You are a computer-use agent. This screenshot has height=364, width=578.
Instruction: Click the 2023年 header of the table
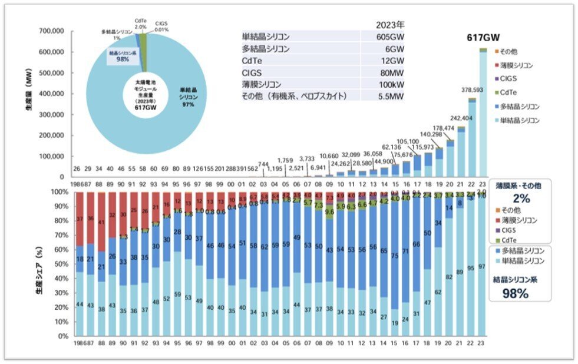coord(391,25)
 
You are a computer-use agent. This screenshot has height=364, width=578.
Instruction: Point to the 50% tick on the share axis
coord(62,264)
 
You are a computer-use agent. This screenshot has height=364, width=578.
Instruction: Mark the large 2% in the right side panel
coord(521,198)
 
